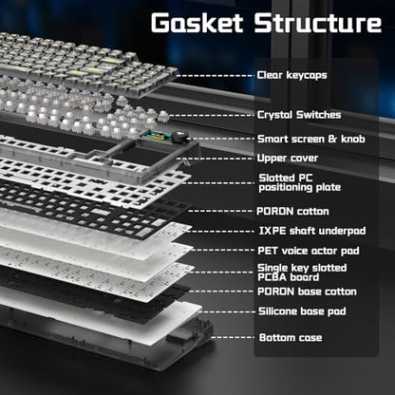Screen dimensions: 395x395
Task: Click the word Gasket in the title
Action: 197,23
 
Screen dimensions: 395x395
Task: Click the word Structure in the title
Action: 318,23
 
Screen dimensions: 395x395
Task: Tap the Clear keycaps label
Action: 292,75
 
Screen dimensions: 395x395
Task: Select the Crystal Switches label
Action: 299,115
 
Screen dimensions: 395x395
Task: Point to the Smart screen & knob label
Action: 311,139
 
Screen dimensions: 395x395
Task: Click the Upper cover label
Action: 288,158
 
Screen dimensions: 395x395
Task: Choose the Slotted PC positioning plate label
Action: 300,182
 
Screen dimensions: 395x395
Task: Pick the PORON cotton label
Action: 292,211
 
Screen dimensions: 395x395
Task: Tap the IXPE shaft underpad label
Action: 312,231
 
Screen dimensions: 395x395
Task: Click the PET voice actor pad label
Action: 309,251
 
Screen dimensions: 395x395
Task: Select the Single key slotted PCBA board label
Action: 302,273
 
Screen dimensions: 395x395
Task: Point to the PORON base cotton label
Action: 307,292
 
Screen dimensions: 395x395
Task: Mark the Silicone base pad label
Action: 302,311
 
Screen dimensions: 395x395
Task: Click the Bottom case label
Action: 291,338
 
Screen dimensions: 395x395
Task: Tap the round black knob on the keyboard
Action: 181,137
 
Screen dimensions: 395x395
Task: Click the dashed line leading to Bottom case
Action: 233,337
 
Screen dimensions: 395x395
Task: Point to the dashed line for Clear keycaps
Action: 216,76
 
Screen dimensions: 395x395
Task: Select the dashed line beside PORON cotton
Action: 221,211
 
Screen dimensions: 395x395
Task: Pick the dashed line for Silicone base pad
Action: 227,312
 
